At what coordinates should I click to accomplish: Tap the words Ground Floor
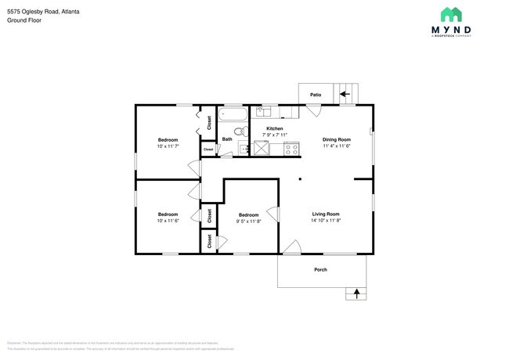tap(24, 21)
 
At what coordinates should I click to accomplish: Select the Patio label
tap(316, 95)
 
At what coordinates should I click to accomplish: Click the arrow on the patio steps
tap(344, 95)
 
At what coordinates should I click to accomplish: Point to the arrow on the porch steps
tap(357, 294)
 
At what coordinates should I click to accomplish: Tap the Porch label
tap(320, 270)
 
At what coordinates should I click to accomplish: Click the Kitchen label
tap(274, 128)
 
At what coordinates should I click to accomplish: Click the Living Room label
tap(326, 214)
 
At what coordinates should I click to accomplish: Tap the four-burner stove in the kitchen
tap(291, 148)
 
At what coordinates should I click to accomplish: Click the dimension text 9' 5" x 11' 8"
tap(249, 221)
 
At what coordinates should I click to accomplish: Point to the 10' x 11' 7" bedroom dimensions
tap(168, 146)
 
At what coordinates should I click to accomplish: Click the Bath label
tap(227, 140)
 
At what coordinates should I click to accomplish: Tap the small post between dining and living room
tap(299, 179)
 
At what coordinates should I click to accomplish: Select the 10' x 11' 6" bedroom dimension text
tap(168, 221)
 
